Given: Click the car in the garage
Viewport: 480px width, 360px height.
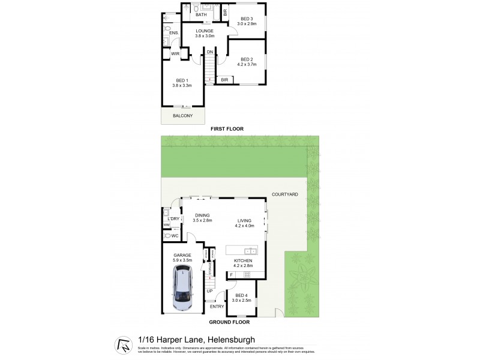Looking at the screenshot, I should click(x=183, y=290).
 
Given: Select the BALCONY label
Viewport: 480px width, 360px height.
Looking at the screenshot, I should click(x=183, y=116).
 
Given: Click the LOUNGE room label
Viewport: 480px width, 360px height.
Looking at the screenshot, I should click(x=205, y=32).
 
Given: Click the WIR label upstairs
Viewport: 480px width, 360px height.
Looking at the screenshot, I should click(x=175, y=54).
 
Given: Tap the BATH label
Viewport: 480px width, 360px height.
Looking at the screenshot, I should click(x=201, y=15).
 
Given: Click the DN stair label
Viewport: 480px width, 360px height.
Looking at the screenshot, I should click(x=210, y=52).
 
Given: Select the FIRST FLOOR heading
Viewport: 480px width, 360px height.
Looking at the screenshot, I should click(x=227, y=130).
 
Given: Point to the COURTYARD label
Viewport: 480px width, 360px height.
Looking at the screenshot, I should click(x=286, y=194).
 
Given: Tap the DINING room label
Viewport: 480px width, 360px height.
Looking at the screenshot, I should click(x=203, y=217).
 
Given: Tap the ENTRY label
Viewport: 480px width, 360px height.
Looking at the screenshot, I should click(x=217, y=307).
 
